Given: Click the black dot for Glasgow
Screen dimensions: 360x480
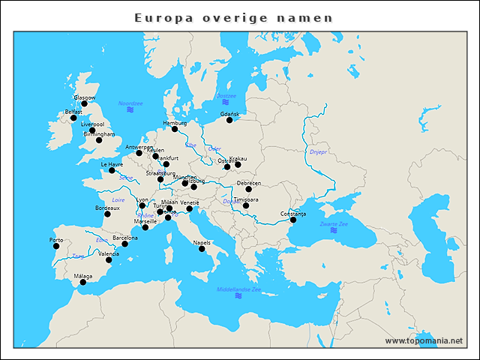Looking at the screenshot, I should click(84, 103).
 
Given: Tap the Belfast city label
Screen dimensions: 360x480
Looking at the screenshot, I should click(73, 112).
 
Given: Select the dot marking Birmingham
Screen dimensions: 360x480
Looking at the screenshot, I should click(99, 140).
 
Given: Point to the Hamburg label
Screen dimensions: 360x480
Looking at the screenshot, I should click(175, 122).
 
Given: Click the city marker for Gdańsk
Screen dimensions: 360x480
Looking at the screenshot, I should click(229, 120).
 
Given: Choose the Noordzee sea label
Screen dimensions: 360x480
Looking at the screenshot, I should click(130, 103).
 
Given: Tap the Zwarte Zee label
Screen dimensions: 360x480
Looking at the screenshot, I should click(332, 224).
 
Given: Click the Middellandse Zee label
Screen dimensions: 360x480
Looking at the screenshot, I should click(238, 289).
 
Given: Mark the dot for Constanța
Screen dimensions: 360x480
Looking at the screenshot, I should click(293, 220).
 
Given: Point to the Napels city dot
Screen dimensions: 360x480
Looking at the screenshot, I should click(202, 248).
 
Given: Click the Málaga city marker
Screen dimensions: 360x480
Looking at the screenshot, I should click(82, 283).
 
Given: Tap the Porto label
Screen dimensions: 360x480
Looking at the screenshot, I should click(56, 240).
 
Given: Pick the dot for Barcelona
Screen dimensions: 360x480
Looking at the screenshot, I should click(124, 244).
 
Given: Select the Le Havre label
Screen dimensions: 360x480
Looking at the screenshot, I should click(111, 163).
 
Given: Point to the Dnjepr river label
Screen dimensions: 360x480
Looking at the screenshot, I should click(318, 151).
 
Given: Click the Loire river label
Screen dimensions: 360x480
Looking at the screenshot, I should click(118, 200).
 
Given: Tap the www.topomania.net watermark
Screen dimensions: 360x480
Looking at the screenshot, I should click(424, 340).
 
